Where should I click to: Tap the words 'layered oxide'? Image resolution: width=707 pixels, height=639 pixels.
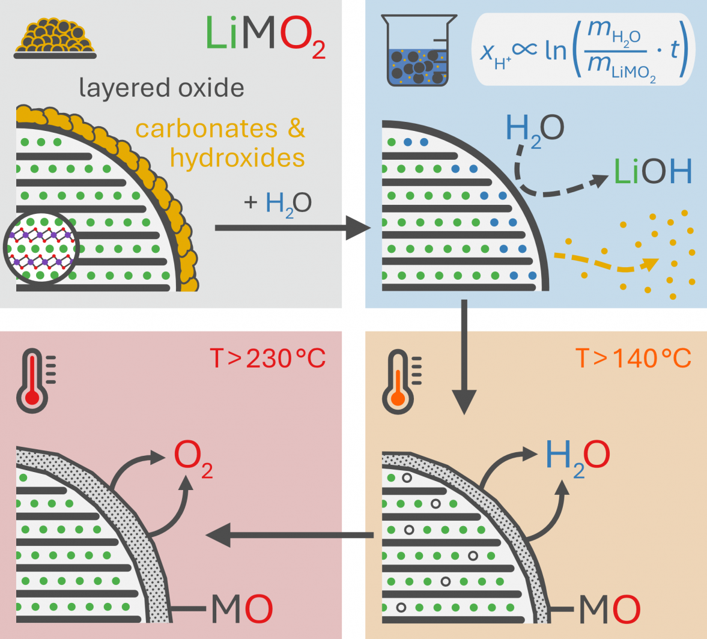coord(162,88)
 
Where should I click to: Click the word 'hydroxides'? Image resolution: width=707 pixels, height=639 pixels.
coord(237,157)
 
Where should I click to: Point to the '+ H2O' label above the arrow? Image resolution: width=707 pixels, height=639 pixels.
coord(278,203)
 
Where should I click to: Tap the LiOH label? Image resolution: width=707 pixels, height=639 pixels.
coord(652,172)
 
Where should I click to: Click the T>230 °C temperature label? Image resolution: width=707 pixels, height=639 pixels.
coord(267,359)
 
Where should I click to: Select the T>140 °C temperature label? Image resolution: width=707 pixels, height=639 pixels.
coord(633,359)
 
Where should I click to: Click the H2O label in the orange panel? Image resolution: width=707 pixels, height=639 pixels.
coord(577,456)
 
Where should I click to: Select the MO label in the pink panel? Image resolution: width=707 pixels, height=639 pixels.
coord(241,609)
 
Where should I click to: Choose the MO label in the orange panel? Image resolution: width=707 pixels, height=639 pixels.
coord(608,609)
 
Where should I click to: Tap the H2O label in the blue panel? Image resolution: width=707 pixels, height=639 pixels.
coord(535,129)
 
